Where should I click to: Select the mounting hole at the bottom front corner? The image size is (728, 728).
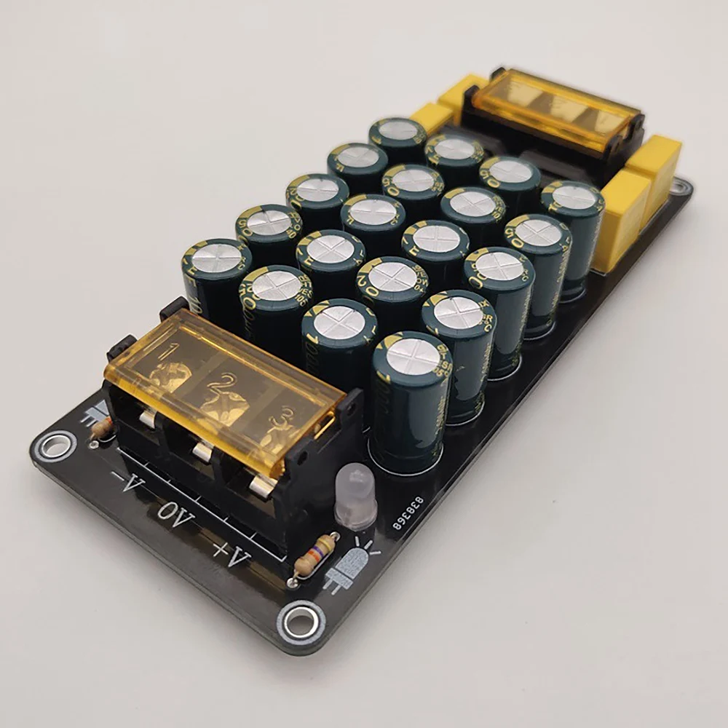point(298,621)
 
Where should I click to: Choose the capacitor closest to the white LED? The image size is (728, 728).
point(409,400)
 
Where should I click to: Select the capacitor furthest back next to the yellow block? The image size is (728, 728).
point(397,139)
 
